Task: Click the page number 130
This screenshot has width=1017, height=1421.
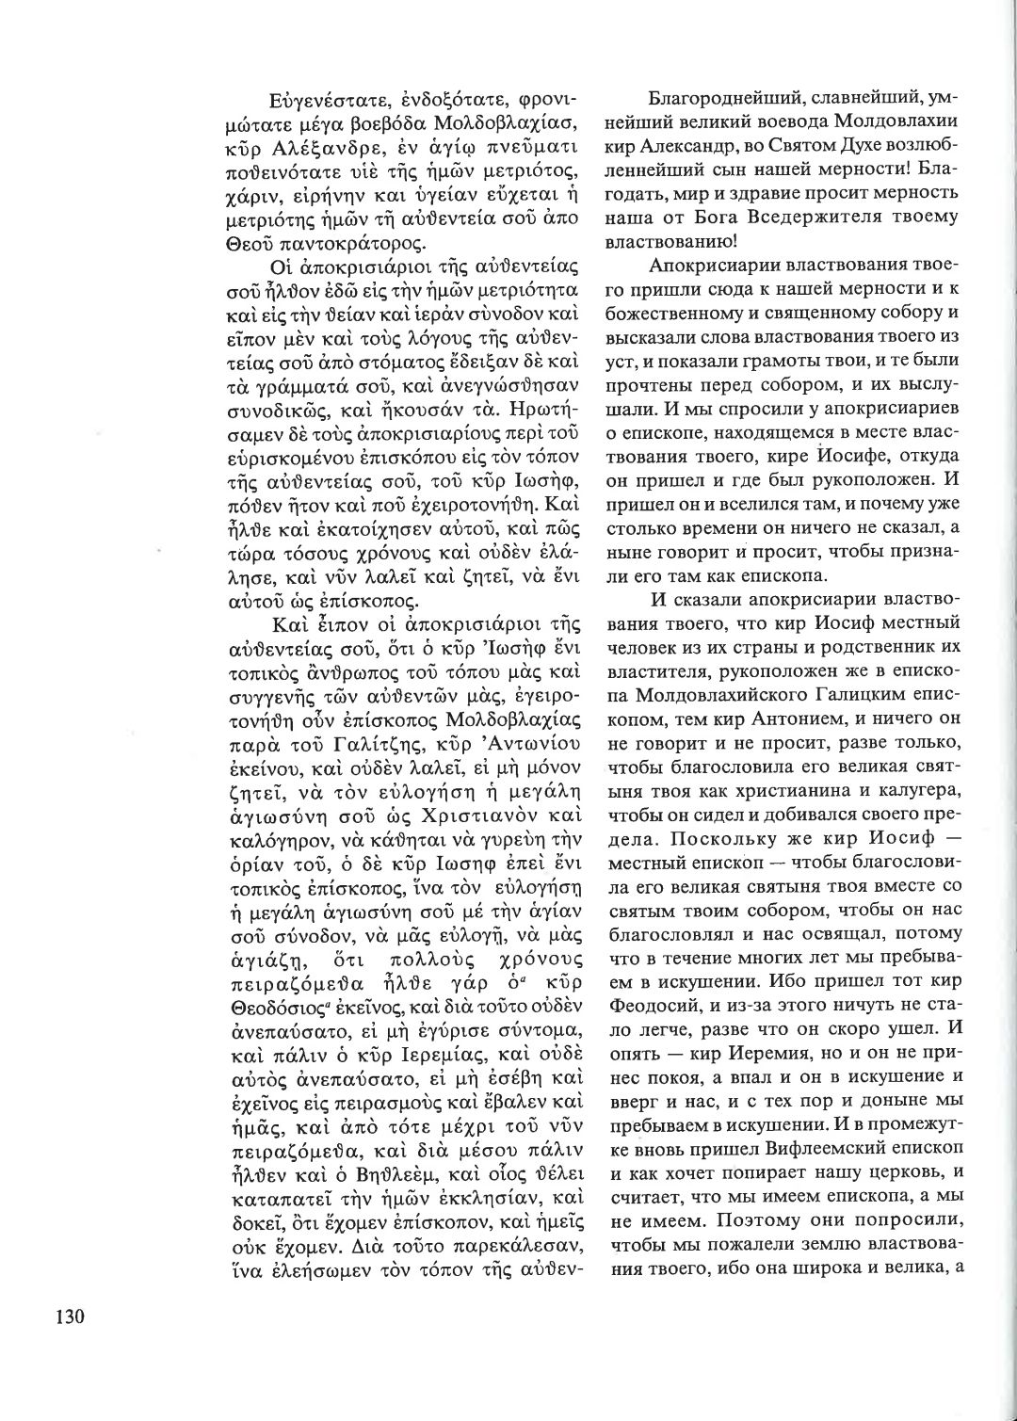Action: [63, 1316]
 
